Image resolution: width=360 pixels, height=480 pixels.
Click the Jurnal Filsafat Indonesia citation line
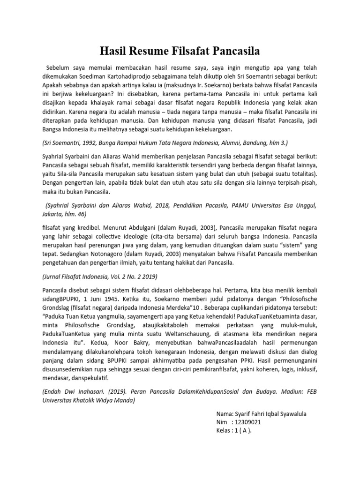pyautogui.click(x=100, y=277)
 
